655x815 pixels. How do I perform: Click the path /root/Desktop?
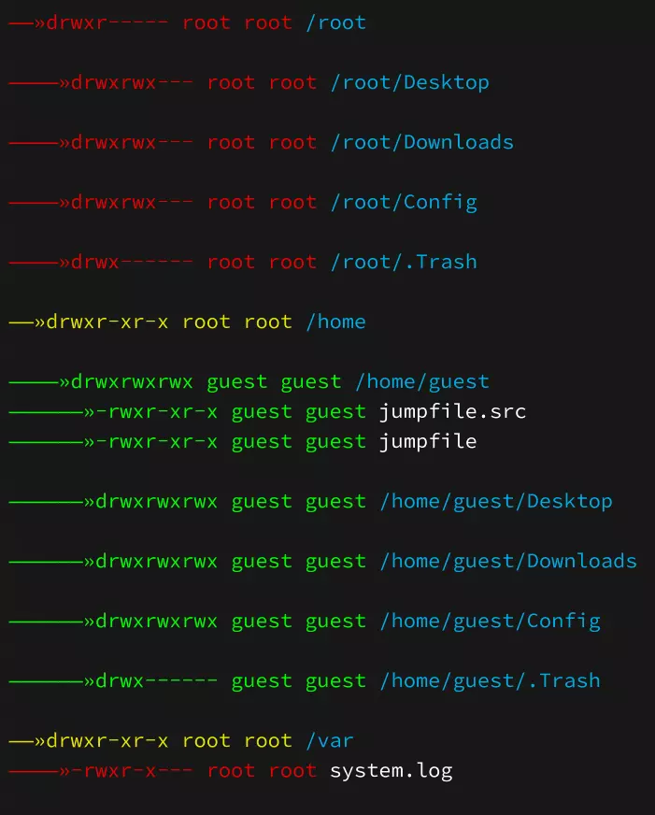tap(409, 82)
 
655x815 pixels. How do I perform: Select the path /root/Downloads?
tap(421, 142)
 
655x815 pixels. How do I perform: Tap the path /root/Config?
tap(404, 202)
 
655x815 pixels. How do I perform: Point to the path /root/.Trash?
tap(404, 262)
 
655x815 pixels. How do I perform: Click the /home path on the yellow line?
tap(335, 322)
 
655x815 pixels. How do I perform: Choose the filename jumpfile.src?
tap(452, 411)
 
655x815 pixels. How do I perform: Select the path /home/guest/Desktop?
tap(495, 501)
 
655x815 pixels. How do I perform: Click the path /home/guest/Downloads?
tap(507, 561)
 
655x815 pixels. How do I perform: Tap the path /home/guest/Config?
tap(490, 621)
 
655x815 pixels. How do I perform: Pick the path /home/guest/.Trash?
tap(490, 680)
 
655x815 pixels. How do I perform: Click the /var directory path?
tap(330, 740)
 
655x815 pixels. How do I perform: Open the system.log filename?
tap(391, 770)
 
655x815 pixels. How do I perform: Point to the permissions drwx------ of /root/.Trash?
tap(133, 262)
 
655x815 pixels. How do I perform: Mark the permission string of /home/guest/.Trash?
tap(157, 680)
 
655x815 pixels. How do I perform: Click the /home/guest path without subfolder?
tap(421, 381)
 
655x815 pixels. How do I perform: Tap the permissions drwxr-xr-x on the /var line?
tap(107, 740)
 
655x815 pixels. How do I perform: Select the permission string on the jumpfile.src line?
tap(157, 411)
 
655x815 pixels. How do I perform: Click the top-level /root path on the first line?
tap(335, 22)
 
